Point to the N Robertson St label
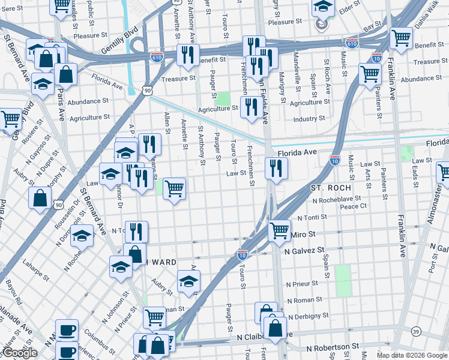(332, 347)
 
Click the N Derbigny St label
(307, 316)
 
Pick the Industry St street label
(309, 119)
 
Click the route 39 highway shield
(416, 331)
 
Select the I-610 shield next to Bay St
(352, 43)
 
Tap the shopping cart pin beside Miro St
(279, 229)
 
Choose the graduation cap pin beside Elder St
(324, 7)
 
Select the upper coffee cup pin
(67, 329)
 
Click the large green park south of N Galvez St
(343, 280)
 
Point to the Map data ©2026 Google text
(411, 355)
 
